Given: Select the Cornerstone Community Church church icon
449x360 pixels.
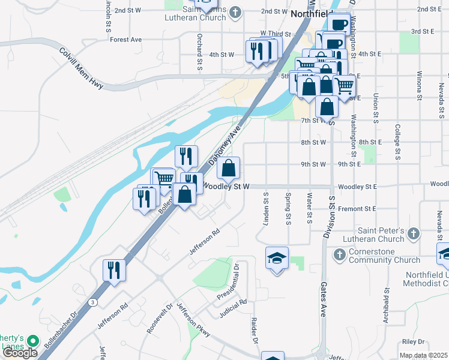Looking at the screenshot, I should click(x=339, y=255).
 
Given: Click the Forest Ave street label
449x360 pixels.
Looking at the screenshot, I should click(x=126, y=40).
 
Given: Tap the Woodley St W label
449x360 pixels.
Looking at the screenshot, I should click(x=224, y=187).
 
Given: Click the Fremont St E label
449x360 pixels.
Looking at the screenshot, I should click(x=357, y=208).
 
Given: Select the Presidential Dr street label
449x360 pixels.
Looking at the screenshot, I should click(x=236, y=281).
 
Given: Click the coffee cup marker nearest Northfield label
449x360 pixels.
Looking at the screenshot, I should click(x=339, y=25).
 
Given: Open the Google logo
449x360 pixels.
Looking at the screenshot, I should click(x=20, y=352).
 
